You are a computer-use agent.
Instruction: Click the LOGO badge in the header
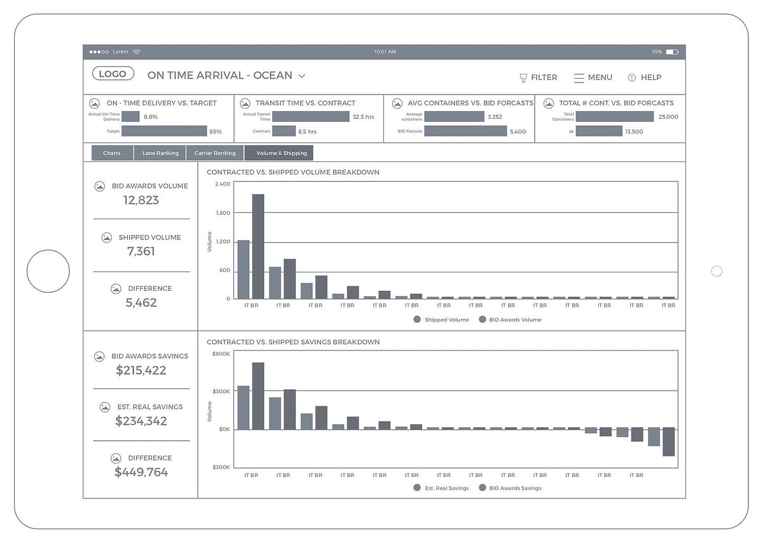tap(113, 74)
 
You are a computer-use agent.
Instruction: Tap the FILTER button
tap(538, 77)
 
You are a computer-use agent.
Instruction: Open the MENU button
tap(593, 77)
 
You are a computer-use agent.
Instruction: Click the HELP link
tap(645, 77)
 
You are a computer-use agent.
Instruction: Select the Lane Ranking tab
tap(160, 153)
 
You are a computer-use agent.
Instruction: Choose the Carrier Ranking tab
tap(215, 153)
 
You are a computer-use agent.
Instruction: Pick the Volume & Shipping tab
tap(281, 153)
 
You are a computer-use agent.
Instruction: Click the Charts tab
tap(112, 153)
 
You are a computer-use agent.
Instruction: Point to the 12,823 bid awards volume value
tap(141, 200)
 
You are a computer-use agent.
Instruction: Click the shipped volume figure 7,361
tap(141, 251)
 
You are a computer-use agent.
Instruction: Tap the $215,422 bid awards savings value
tap(141, 370)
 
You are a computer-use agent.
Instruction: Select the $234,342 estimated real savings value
tap(141, 421)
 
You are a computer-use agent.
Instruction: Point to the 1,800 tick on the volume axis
tap(223, 213)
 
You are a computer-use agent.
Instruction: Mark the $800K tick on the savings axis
tap(221, 353)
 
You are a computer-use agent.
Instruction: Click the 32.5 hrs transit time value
tap(363, 117)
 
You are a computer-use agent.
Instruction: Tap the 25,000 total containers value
tap(668, 117)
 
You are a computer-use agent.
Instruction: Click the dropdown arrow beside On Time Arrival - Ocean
tap(302, 76)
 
